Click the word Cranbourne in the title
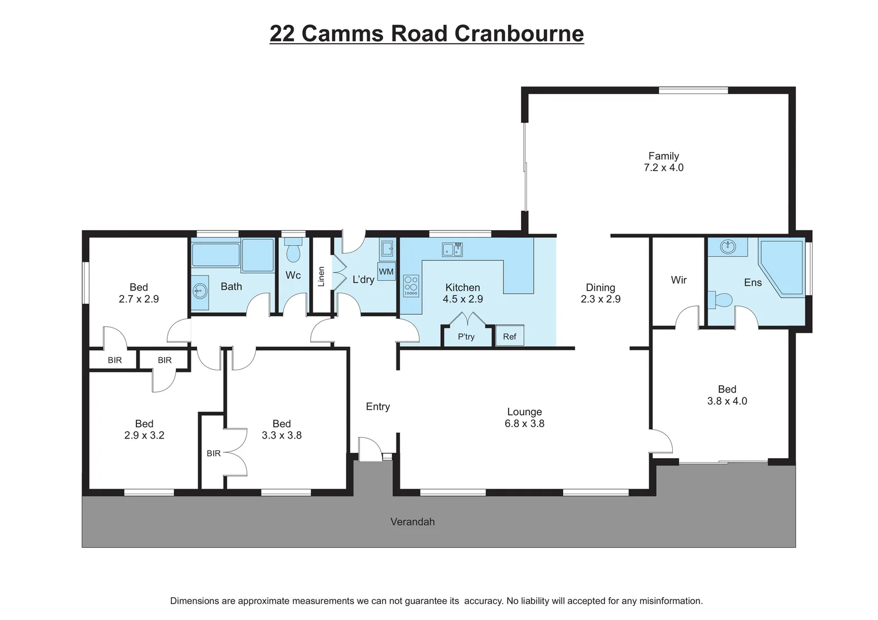click(x=519, y=33)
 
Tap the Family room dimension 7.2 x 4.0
click(x=664, y=168)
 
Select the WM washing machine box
click(x=386, y=272)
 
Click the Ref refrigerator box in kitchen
click(x=510, y=336)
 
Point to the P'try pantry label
click(x=466, y=336)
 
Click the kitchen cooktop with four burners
click(x=411, y=286)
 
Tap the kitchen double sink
click(x=452, y=250)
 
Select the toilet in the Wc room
click(x=294, y=250)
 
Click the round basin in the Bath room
click(x=200, y=291)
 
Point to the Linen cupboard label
click(x=321, y=277)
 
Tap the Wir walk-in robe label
click(x=679, y=280)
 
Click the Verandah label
click(x=413, y=522)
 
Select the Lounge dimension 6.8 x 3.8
click(x=525, y=424)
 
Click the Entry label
click(x=378, y=406)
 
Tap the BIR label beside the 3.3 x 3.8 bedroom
click(x=214, y=454)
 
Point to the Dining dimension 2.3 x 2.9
click(x=600, y=299)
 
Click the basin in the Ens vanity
click(x=728, y=247)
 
